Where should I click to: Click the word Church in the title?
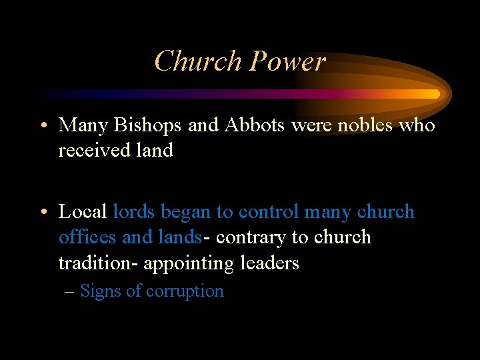198,61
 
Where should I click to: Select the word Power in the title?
287,61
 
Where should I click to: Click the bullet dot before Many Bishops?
43,125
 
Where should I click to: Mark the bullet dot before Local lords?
43,212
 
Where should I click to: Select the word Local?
83,212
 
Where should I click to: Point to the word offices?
85,237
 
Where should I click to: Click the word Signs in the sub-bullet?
99,291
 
